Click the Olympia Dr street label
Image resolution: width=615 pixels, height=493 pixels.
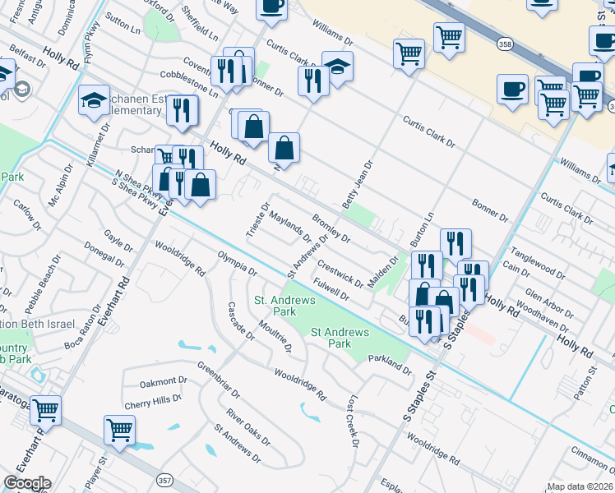click(237, 266)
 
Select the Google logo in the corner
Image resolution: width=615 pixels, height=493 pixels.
click(27, 483)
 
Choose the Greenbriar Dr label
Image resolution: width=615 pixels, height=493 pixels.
click(222, 374)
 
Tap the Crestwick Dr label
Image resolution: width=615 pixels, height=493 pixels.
click(340, 274)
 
